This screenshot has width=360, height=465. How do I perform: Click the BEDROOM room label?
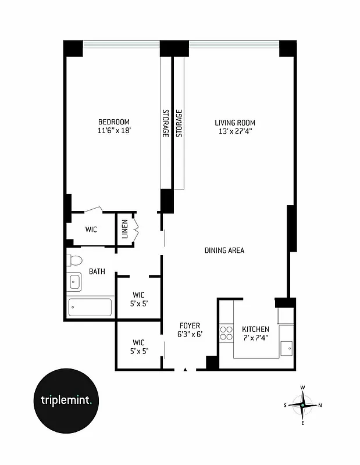pos(113,121)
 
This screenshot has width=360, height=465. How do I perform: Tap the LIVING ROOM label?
pos(235,123)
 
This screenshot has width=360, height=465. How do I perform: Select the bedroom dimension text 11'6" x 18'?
pos(113,131)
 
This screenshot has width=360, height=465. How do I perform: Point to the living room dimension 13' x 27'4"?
pos(235,131)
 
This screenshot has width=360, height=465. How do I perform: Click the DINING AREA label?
pos(224,251)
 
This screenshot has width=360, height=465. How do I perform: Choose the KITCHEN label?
pos(255,329)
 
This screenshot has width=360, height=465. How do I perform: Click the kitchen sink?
pos(286,348)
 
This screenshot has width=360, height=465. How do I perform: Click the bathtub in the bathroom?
pos(90,307)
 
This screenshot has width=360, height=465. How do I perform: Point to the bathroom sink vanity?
pos(74,282)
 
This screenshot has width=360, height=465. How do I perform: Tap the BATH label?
pos(97,271)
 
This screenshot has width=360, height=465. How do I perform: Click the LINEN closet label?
pos(124,229)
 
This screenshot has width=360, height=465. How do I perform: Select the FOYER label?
pos(189,325)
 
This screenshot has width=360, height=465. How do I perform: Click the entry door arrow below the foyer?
pos(186,369)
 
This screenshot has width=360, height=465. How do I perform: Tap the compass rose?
pos(302,405)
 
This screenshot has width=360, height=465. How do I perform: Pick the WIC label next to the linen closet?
pos(91,230)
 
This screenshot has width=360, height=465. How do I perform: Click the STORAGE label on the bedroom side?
pos(165,123)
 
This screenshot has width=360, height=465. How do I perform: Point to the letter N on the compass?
pos(320,405)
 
